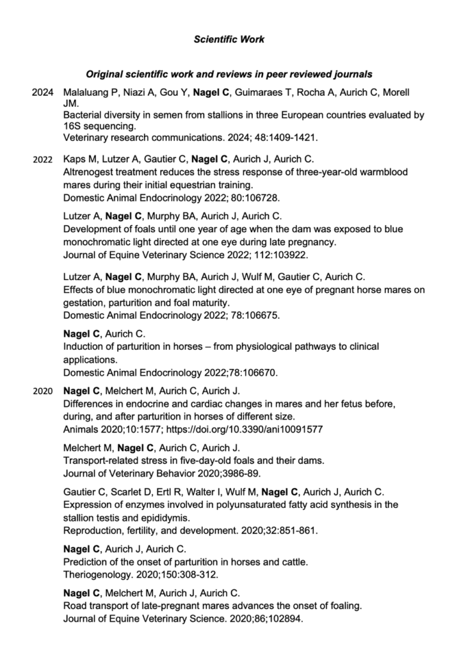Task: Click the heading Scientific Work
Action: click(x=229, y=40)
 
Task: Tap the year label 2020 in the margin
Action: click(x=42, y=390)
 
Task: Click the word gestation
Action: click(x=85, y=303)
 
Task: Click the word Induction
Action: click(x=83, y=346)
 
